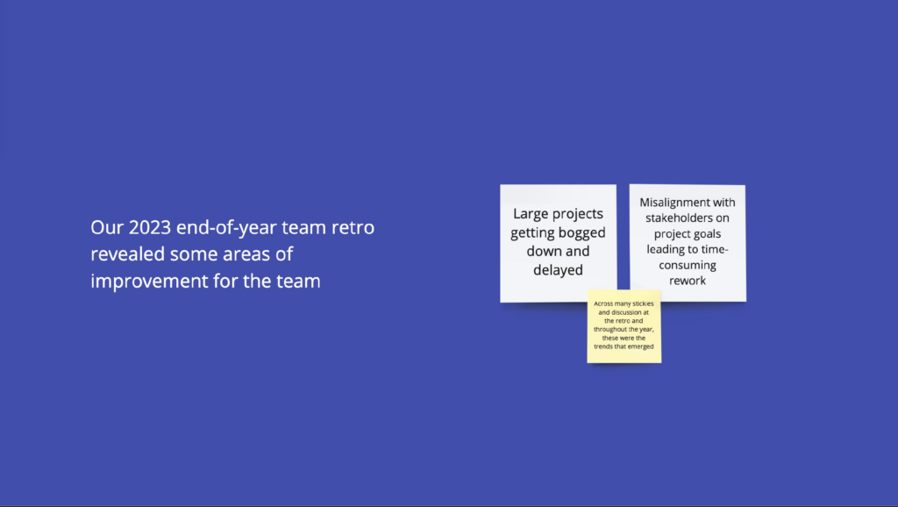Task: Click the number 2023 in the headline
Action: click(149, 227)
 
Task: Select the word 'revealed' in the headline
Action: click(128, 253)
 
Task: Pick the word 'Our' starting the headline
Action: click(107, 227)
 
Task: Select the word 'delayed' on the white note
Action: click(558, 270)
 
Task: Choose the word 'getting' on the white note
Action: click(530, 233)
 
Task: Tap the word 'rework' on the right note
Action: click(688, 281)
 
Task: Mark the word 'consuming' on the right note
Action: click(688, 265)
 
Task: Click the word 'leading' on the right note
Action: click(666, 250)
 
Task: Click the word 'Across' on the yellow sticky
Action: click(603, 303)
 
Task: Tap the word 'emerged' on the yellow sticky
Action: click(641, 346)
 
